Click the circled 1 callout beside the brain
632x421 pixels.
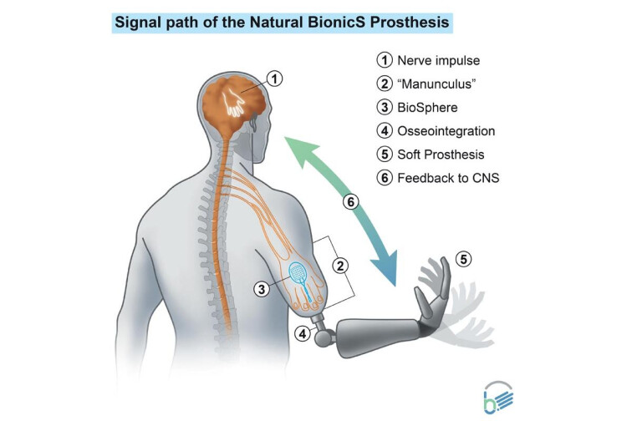click(x=275, y=79)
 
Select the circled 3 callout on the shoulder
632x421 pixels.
click(x=262, y=288)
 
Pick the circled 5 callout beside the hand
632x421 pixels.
click(x=463, y=260)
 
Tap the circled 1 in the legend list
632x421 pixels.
click(x=384, y=60)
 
